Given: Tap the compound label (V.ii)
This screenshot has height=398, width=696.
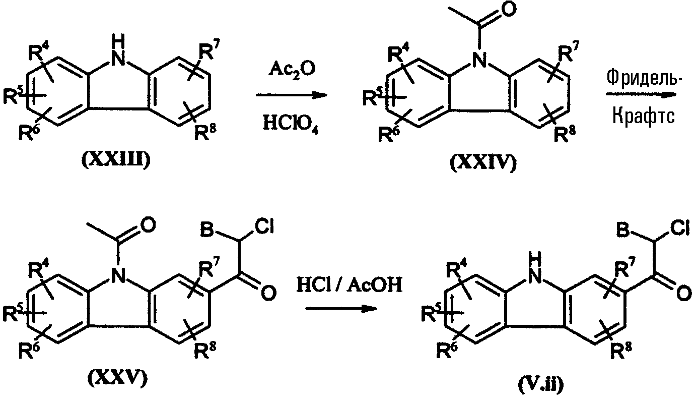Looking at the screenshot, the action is tap(540, 385).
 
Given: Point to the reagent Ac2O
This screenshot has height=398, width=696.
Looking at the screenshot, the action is tap(292, 70).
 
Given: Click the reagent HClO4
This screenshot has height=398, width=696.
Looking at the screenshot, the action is tap(291, 124).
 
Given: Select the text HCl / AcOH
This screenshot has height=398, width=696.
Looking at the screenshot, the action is tap(349, 285).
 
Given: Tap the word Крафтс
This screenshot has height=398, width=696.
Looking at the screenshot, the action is tap(644, 116).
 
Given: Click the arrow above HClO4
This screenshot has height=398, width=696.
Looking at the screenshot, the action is tap(292, 95).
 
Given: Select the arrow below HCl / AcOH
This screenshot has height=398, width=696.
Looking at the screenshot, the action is tap(341, 308).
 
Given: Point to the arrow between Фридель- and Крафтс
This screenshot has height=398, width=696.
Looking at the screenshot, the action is tap(641, 95).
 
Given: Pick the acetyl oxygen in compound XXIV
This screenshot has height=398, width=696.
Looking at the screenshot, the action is tap(508, 9).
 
